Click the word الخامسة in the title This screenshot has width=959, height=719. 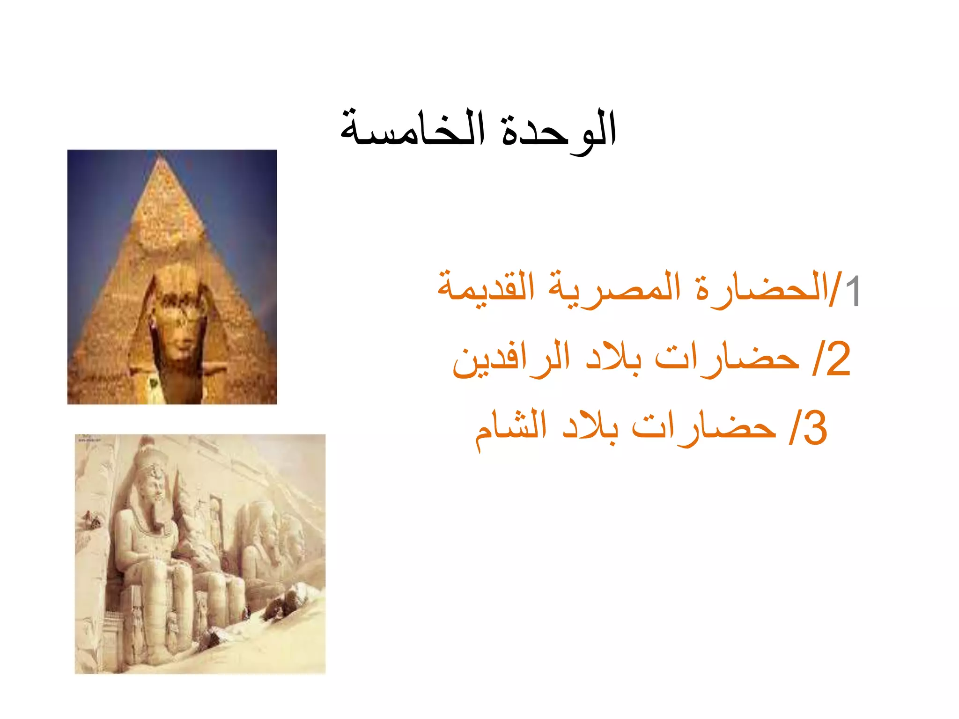point(412,129)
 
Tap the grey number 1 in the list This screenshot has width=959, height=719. point(853,291)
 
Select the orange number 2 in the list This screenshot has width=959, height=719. point(838,359)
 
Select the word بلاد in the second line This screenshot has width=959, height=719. point(613,358)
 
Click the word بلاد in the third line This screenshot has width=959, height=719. point(590,427)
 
